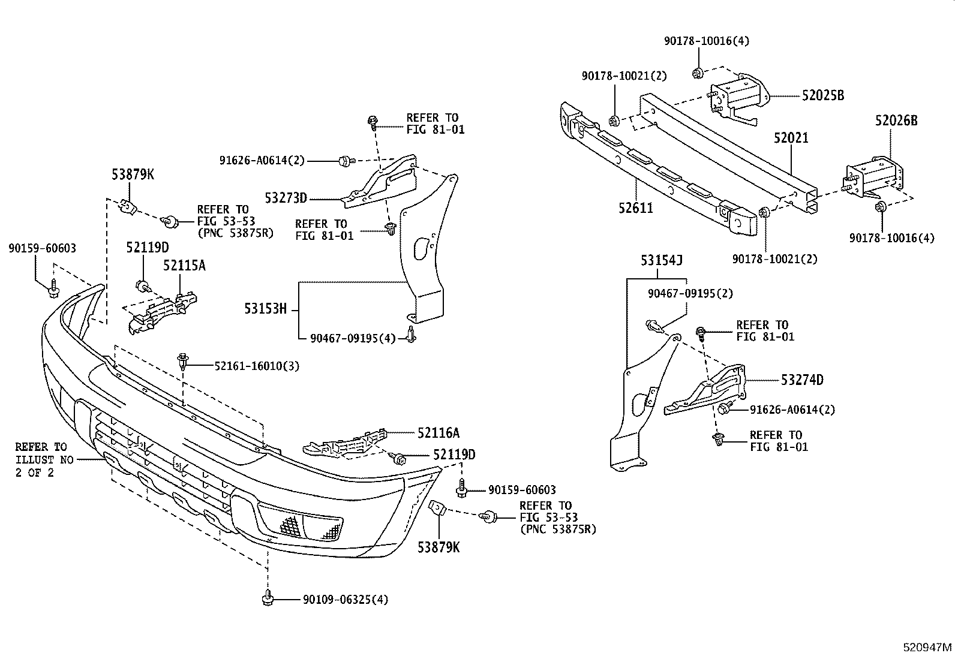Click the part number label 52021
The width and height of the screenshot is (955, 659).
coord(791,138)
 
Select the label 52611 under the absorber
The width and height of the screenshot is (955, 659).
coord(636,208)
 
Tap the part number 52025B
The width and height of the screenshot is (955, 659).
coord(823,95)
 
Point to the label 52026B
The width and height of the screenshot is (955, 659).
coord(896,121)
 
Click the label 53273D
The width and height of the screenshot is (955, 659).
coord(286,198)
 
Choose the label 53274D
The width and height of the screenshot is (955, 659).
coord(802,380)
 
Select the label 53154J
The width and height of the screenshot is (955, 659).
coord(662,260)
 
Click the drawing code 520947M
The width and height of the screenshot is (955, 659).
coord(928,648)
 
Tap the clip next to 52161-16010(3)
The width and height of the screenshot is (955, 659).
coord(184,361)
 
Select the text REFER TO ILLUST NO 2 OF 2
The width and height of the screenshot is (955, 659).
coord(41,459)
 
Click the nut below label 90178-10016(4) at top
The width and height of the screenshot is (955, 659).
coord(697,73)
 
